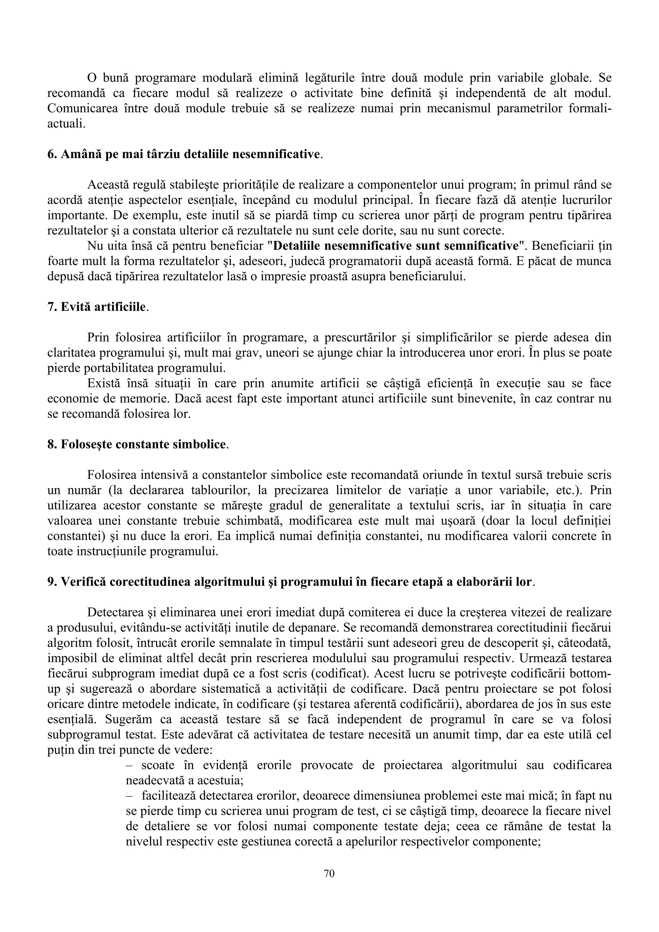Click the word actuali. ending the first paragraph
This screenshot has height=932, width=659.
(x=66, y=124)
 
